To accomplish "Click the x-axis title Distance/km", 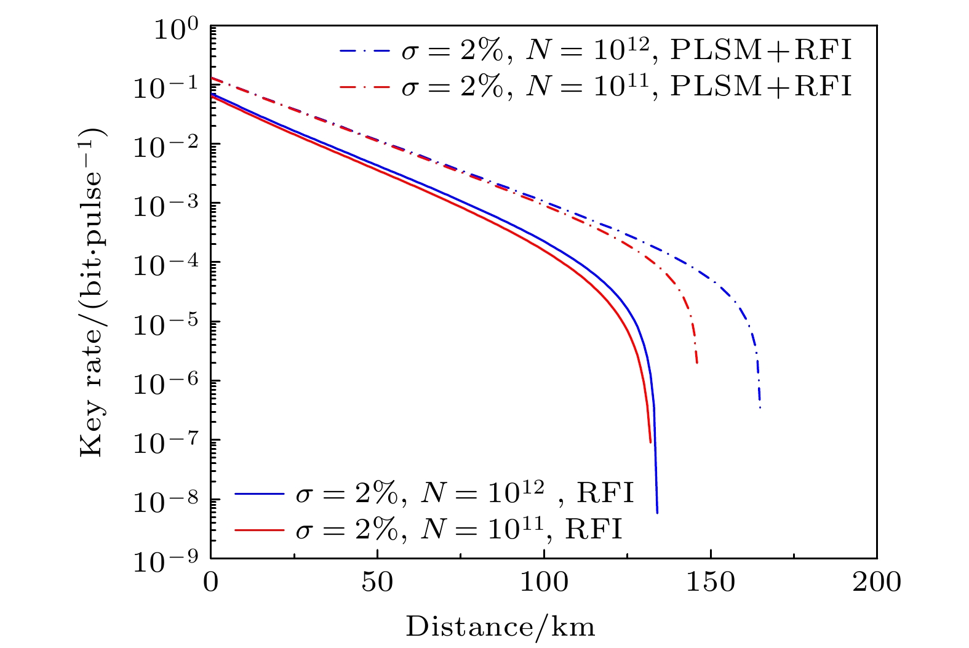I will (x=500, y=626).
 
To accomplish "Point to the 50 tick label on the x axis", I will (x=377, y=582).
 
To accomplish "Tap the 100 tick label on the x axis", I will (x=544, y=582).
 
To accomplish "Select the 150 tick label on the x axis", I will (x=711, y=582).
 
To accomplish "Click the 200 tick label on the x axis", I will (x=876, y=582).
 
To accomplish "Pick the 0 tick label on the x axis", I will (x=211, y=582).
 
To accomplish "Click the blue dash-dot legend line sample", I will (x=365, y=51).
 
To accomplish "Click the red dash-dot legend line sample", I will (x=365, y=87).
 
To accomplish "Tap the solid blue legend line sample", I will (x=259, y=494).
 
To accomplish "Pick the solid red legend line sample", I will (x=259, y=529).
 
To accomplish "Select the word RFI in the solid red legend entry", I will (x=593, y=529).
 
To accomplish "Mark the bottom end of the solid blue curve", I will (x=657, y=513).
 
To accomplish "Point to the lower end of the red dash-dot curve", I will (x=696, y=363).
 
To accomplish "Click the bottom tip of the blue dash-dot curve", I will (x=760, y=407).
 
